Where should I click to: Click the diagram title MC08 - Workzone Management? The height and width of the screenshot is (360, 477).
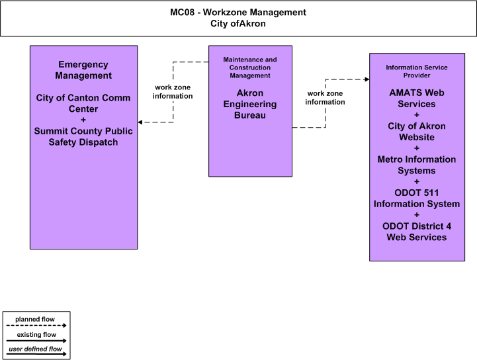[238, 12]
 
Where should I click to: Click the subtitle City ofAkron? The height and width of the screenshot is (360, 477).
[238, 23]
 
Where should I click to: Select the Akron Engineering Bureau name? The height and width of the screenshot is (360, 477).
[250, 104]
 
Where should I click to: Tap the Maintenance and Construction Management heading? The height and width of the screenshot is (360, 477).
[250, 67]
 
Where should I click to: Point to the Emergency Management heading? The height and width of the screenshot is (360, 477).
[83, 70]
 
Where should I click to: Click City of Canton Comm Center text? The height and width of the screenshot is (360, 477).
[83, 103]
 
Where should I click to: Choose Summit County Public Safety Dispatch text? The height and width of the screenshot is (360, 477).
[83, 136]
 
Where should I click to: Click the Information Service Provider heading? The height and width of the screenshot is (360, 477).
[417, 71]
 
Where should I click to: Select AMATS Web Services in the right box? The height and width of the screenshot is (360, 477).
[417, 99]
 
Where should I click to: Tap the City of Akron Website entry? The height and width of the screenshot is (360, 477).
[417, 132]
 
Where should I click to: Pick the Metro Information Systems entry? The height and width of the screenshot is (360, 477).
[417, 165]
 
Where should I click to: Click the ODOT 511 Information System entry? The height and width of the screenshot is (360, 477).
[417, 198]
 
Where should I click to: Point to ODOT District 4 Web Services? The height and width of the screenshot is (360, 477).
[417, 232]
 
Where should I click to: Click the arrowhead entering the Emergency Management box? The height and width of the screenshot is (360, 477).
[140, 122]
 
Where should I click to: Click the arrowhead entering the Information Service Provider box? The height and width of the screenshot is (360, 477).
[367, 79]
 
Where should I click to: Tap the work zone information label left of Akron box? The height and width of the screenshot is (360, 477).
[173, 91]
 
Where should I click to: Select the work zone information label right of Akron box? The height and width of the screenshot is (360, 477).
[325, 98]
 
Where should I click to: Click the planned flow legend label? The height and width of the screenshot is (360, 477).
[35, 319]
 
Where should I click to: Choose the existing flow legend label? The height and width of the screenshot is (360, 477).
[36, 334]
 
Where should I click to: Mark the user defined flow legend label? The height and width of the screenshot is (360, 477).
[35, 349]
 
